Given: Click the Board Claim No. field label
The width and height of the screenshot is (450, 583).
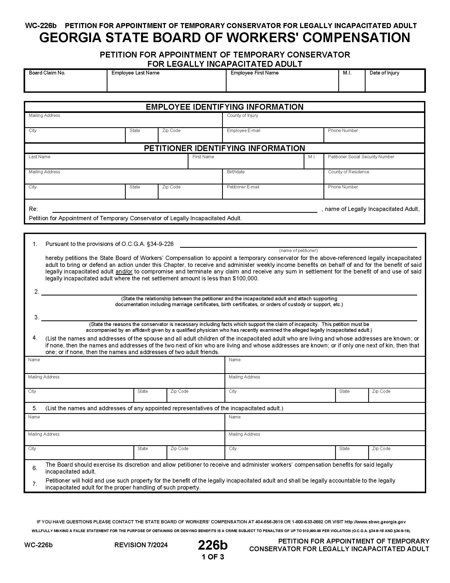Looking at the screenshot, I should pyautogui.click(x=47, y=73).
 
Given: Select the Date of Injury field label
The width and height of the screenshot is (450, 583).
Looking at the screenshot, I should pyautogui.click(x=384, y=73).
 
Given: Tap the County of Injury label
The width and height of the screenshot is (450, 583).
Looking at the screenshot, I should pyautogui.click(x=242, y=115).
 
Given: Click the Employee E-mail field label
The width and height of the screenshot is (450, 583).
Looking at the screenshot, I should pyautogui.click(x=243, y=131).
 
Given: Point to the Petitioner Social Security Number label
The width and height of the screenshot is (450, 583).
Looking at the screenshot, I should pyautogui.click(x=361, y=157).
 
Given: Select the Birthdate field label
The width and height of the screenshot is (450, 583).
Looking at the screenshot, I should pyautogui.click(x=235, y=172).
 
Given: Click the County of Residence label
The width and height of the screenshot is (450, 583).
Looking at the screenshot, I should pyautogui.click(x=348, y=172).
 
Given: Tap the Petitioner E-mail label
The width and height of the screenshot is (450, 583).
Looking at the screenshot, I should pyautogui.click(x=242, y=187).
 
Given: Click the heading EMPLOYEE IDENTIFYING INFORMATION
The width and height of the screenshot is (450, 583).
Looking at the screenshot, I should pyautogui.click(x=224, y=107).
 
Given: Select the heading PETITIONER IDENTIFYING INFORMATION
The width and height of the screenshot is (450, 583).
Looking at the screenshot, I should pyautogui.click(x=224, y=148).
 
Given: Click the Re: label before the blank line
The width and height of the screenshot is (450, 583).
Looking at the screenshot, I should pyautogui.click(x=33, y=209).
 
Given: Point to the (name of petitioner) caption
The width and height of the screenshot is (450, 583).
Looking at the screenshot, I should pyautogui.click(x=298, y=250).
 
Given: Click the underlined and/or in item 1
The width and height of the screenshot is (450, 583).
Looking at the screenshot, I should pyautogui.click(x=124, y=272).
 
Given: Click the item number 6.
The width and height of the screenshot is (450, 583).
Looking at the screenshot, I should pyautogui.click(x=35, y=468).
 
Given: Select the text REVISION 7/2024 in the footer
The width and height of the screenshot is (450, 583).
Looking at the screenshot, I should pyautogui.click(x=141, y=545).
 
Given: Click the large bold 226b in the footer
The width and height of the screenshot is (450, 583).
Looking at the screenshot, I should pyautogui.click(x=213, y=545).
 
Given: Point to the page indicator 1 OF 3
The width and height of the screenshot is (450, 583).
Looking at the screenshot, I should pyautogui.click(x=213, y=557).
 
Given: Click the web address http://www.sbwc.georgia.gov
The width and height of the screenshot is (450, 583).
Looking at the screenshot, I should pyautogui.click(x=375, y=522).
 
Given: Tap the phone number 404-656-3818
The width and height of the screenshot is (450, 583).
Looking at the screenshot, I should pyautogui.click(x=269, y=522).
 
